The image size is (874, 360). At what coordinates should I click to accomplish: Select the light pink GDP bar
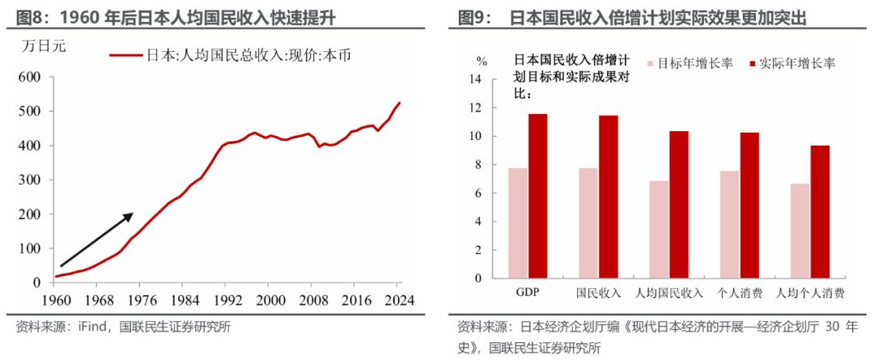[518, 223]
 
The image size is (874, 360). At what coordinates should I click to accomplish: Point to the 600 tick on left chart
[29, 77]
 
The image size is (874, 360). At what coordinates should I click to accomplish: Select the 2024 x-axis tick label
[399, 299]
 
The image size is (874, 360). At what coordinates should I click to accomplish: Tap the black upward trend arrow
[96, 239]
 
